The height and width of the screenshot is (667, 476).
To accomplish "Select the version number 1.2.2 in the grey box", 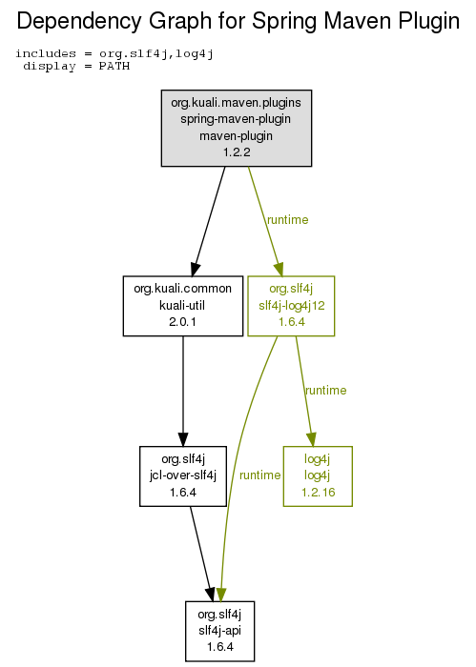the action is [x=237, y=152].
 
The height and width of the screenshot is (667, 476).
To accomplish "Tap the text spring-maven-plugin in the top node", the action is [x=236, y=119].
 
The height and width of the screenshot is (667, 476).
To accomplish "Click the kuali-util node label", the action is [x=182, y=305].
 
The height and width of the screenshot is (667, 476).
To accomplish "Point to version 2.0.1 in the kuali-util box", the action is [x=182, y=322].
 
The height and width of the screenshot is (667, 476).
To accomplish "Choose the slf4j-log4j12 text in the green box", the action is [x=292, y=306].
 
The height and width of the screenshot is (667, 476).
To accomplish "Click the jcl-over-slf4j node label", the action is [x=183, y=475].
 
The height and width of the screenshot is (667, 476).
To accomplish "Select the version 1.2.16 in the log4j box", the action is [x=319, y=493].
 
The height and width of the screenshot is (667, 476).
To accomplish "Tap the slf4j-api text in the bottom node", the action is [x=219, y=630].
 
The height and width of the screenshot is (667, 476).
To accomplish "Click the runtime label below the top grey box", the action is [x=287, y=220].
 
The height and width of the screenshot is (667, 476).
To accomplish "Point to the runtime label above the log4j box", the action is [x=325, y=391].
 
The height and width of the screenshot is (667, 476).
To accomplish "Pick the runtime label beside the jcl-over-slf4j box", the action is [x=259, y=475].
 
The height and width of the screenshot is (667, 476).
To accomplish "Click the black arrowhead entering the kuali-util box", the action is [x=195, y=270].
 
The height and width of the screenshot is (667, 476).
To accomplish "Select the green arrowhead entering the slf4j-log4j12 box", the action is [x=279, y=270].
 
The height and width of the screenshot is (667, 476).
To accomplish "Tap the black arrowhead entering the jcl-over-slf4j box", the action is [x=183, y=439].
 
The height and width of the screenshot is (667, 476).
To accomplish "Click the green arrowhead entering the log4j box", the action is [x=312, y=439].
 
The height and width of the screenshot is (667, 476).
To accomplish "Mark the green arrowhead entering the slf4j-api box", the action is [x=221, y=595].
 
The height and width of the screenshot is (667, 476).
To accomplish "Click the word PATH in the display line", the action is [x=114, y=67].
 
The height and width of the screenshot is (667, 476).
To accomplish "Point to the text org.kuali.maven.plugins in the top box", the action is [x=236, y=103].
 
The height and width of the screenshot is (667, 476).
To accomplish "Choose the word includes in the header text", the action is [x=46, y=53].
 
